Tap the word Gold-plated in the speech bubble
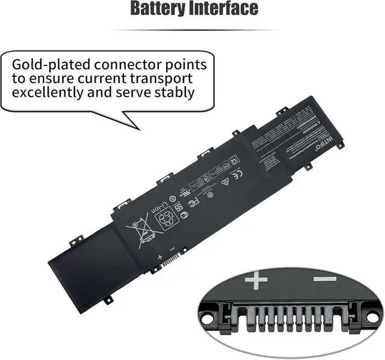click(x=48, y=64)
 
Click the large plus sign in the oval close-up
click(x=256, y=280)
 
